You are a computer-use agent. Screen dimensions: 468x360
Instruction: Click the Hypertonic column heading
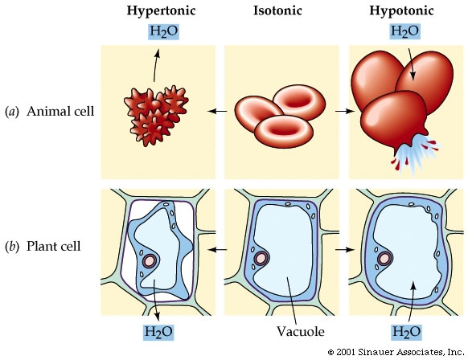pyautogui.click(x=161, y=11)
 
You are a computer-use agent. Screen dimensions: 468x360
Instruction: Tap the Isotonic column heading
pyautogui.click(x=277, y=10)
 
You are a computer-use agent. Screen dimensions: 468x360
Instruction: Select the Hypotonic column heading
pyautogui.click(x=401, y=11)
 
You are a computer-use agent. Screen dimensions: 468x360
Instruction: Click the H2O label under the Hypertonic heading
pyautogui.click(x=163, y=31)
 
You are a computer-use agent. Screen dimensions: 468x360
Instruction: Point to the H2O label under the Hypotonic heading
pyautogui.click(x=405, y=31)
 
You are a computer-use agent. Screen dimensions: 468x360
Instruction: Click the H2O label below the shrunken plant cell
pyautogui.click(x=158, y=332)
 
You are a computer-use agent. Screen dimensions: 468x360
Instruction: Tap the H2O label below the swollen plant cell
pyautogui.click(x=406, y=332)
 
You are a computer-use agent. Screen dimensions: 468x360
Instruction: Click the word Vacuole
pyautogui.click(x=300, y=331)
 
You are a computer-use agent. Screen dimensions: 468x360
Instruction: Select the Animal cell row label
pyautogui.click(x=50, y=111)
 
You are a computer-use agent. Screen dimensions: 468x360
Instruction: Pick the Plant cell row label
pyautogui.click(x=43, y=247)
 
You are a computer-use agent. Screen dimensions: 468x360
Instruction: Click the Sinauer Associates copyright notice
pyautogui.click(x=396, y=352)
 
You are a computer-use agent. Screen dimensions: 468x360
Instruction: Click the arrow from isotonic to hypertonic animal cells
pyautogui.click(x=218, y=111)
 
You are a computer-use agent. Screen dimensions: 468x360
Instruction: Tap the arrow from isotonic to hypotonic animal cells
pyautogui.click(x=345, y=111)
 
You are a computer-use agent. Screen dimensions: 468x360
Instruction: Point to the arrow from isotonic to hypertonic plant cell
pyautogui.click(x=218, y=249)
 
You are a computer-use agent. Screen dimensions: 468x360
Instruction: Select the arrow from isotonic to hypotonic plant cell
pyautogui.click(x=345, y=249)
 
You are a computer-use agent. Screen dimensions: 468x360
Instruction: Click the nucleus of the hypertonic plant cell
pyautogui.click(x=150, y=261)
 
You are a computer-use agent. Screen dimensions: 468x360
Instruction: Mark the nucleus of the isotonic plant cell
pyautogui.click(x=261, y=258)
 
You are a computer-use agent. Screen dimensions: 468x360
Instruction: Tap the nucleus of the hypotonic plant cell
pyautogui.click(x=384, y=259)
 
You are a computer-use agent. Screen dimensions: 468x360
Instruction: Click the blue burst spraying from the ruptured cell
pyautogui.click(x=417, y=153)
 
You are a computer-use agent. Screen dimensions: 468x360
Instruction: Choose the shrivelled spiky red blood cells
pyautogui.click(x=156, y=115)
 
